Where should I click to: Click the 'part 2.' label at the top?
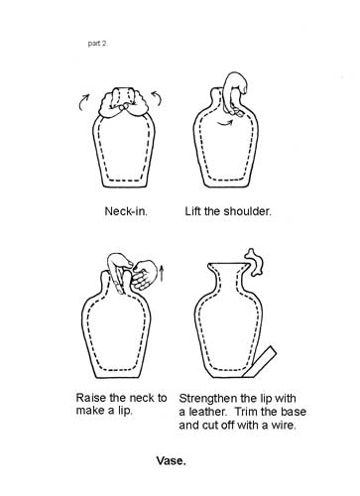pyautogui.click(x=98, y=44)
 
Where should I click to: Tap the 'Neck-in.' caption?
pyautogui.click(x=126, y=211)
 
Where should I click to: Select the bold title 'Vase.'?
pyautogui.click(x=171, y=460)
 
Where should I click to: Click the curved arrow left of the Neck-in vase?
pyautogui.click(x=83, y=101)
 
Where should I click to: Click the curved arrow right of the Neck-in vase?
pyautogui.click(x=158, y=98)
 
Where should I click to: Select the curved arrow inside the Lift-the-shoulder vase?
pyautogui.click(x=225, y=124)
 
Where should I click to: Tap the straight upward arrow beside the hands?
pyautogui.click(x=162, y=273)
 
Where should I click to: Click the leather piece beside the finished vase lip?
pyautogui.click(x=255, y=262)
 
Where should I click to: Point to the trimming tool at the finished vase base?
pyautogui.click(x=260, y=362)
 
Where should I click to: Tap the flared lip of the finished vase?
pyautogui.click(x=228, y=267)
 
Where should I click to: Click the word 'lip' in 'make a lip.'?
pyautogui.click(x=125, y=411)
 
